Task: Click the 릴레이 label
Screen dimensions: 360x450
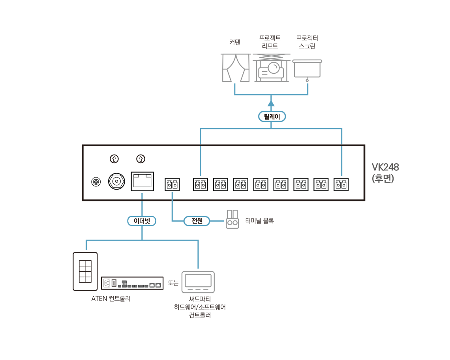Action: pyautogui.click(x=272, y=117)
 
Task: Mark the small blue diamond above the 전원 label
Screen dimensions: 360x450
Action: pyautogui.click(x=172, y=196)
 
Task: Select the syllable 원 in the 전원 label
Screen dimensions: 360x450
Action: pyautogui.click(x=200, y=221)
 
